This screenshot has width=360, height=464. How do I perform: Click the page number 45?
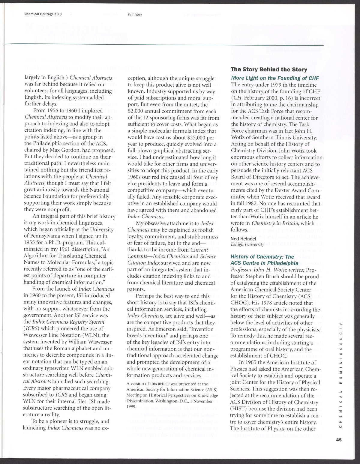click(339, 440)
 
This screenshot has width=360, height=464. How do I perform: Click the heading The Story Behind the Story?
click(269, 70)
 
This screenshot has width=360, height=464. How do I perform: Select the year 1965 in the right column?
click(252, 362)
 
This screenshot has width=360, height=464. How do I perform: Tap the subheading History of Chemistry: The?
click(262, 257)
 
